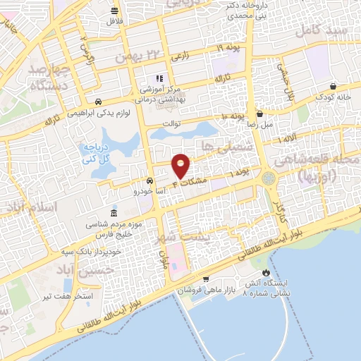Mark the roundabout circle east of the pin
[270, 178]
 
